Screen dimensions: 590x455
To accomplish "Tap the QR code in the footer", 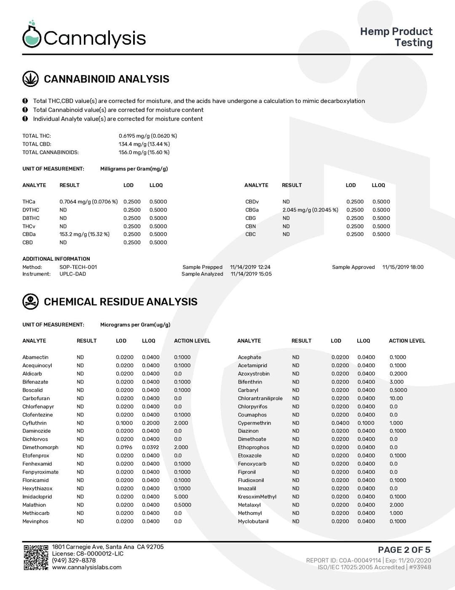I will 35,558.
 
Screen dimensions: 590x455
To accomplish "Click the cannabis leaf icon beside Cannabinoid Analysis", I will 30,79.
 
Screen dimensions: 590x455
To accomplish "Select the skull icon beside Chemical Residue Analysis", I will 30,301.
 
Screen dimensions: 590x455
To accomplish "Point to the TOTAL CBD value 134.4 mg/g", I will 144,144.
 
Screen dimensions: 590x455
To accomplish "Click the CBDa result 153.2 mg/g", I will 84,234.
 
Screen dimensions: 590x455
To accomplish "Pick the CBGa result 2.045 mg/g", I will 310,210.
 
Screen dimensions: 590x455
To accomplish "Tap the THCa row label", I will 29,202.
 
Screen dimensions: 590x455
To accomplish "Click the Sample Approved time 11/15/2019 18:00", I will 403,267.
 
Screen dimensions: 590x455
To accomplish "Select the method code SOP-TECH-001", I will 78,267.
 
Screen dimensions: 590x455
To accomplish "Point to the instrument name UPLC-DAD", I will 72,274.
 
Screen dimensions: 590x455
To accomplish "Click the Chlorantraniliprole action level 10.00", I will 396,398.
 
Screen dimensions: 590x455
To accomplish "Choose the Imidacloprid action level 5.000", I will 181,497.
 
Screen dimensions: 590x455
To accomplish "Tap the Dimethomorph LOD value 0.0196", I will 124,447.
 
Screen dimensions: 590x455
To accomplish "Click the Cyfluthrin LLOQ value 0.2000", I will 150,423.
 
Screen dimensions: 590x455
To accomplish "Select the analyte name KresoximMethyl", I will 257,497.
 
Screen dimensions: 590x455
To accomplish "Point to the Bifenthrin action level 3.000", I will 396,382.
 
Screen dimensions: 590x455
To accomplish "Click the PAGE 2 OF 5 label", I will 404,549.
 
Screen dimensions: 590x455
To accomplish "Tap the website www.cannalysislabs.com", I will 87,567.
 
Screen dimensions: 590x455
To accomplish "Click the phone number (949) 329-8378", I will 74,560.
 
